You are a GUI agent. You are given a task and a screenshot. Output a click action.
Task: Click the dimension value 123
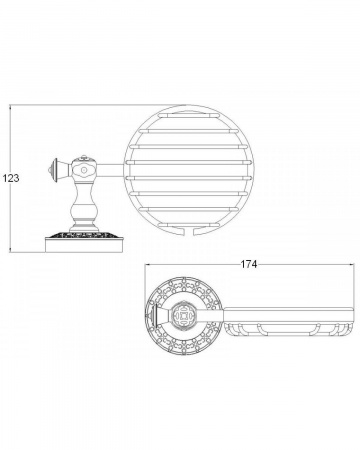tap(11, 178)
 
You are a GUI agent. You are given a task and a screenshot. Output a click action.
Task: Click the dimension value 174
tap(249, 264)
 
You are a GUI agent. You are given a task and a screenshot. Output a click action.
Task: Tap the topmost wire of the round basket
tap(189, 115)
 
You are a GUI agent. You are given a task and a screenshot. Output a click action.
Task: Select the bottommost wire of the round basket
tap(189, 226)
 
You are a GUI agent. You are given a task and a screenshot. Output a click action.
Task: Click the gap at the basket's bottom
tap(189, 231)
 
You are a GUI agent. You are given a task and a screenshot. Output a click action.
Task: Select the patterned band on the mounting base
tap(84, 234)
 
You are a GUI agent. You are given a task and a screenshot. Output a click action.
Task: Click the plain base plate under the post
tap(84, 245)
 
